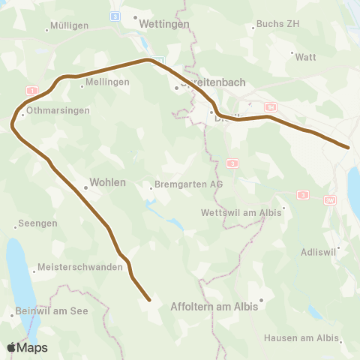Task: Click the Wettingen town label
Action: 166,23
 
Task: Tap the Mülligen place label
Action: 68,25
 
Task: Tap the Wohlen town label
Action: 107,182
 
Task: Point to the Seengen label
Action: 38,224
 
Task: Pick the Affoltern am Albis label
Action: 214,307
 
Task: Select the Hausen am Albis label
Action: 301,337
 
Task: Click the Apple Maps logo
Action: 26,347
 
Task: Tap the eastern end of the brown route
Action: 349,147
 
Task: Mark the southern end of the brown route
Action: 149,301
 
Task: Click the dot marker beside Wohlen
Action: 86,188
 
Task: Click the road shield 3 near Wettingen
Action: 115,16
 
